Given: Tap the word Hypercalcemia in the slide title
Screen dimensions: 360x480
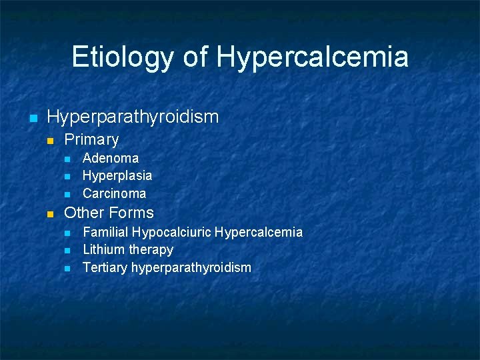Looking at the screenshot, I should pyautogui.click(x=312, y=57).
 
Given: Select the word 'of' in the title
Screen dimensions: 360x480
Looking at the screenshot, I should pyautogui.click(x=195, y=57).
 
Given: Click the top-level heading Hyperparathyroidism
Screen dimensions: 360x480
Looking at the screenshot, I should pyautogui.click(x=133, y=117).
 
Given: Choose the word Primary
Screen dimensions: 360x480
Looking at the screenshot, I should pyautogui.click(x=91, y=140).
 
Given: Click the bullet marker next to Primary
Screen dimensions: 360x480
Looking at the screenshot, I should pyautogui.click(x=49, y=141).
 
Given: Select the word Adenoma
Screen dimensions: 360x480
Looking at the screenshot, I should pyautogui.click(x=111, y=158).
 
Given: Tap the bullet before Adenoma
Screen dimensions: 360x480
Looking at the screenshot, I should pyautogui.click(x=67, y=159).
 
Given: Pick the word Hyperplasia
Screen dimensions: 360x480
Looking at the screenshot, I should pyautogui.click(x=117, y=175).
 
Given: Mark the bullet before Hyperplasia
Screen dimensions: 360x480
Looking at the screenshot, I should pyautogui.click(x=67, y=177).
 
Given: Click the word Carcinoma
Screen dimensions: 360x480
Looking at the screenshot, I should pyautogui.click(x=114, y=193).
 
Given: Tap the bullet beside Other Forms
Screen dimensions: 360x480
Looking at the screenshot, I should pyautogui.click(x=49, y=215).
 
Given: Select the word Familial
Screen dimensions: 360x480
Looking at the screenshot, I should pyautogui.click(x=105, y=232).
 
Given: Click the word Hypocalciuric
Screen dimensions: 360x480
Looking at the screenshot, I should pyautogui.click(x=171, y=233).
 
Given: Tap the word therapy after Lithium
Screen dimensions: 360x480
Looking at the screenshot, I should pyautogui.click(x=151, y=250).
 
